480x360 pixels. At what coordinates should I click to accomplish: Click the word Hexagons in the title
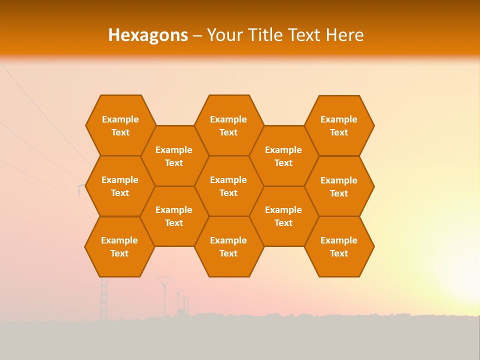tap(148, 35)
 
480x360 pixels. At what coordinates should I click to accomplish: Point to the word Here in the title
tap(345, 35)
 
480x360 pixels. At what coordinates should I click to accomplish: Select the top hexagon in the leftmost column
tap(120, 125)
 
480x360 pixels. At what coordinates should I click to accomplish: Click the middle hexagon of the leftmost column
tap(120, 186)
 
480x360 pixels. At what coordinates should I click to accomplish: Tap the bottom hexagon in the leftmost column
tap(119, 246)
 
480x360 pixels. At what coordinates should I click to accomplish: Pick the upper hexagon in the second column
tap(174, 156)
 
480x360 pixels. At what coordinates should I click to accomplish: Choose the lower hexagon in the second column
tap(174, 216)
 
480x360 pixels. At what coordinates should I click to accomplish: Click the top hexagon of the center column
tap(228, 125)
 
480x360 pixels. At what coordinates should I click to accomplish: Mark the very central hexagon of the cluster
tap(228, 186)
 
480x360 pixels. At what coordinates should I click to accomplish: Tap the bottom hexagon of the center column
tap(228, 246)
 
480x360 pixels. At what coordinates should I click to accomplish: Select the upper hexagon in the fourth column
tap(283, 156)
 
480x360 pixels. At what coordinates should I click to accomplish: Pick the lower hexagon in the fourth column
tap(283, 216)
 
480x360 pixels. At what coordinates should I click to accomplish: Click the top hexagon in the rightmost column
tap(339, 125)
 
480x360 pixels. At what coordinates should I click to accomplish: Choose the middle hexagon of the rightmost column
tap(339, 186)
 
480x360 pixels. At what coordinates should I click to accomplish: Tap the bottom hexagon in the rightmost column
tap(339, 246)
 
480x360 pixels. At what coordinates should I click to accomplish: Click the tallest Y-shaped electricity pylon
tap(164, 295)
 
